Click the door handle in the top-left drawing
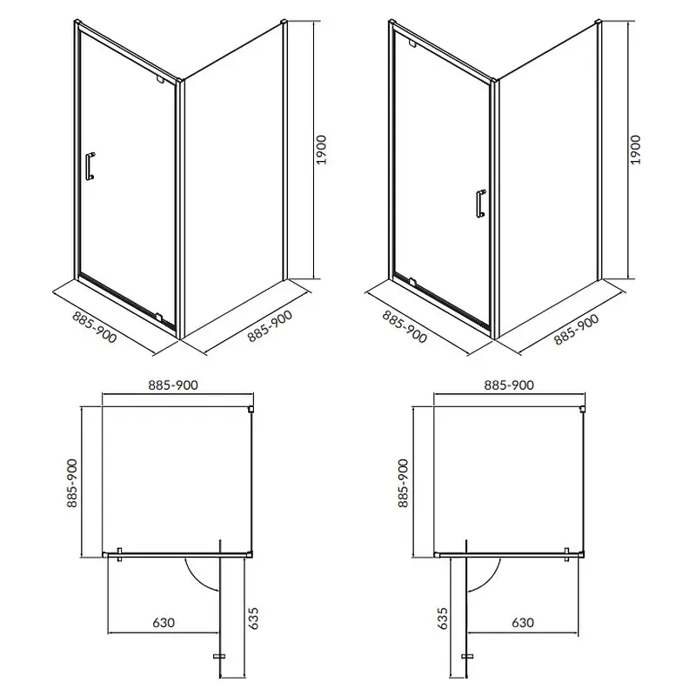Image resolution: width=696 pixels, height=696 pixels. tap(90, 166)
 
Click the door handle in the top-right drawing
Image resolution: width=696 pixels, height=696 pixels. tap(481, 204)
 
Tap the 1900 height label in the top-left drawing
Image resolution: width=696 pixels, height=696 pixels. tap(321, 150)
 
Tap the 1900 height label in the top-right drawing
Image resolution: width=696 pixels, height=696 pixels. tap(635, 150)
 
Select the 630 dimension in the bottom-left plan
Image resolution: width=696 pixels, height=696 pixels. tap(164, 623)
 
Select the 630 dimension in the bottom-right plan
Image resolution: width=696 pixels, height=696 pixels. tap(523, 623)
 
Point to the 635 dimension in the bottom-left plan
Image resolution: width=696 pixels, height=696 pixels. tap(252, 619)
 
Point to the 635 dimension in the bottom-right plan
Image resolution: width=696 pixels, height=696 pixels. tap(443, 619)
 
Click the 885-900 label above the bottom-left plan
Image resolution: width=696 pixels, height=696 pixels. tap(173, 385)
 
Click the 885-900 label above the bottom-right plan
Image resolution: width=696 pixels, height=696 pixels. tap(509, 385)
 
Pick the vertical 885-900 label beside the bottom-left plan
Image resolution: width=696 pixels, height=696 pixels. tap(72, 484)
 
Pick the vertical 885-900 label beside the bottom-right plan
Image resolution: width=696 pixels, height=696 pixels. tap(403, 484)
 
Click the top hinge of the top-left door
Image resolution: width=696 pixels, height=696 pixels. tap(160, 80)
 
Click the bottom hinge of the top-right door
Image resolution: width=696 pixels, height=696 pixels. tap(412, 282)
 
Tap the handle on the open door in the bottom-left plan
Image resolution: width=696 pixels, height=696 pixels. tap(219, 656)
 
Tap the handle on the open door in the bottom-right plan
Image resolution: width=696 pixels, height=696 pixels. tap(467, 656)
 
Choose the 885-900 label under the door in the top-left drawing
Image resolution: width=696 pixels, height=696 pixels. tap(95, 328)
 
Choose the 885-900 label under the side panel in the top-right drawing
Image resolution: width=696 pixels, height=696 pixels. tap(576, 329)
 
